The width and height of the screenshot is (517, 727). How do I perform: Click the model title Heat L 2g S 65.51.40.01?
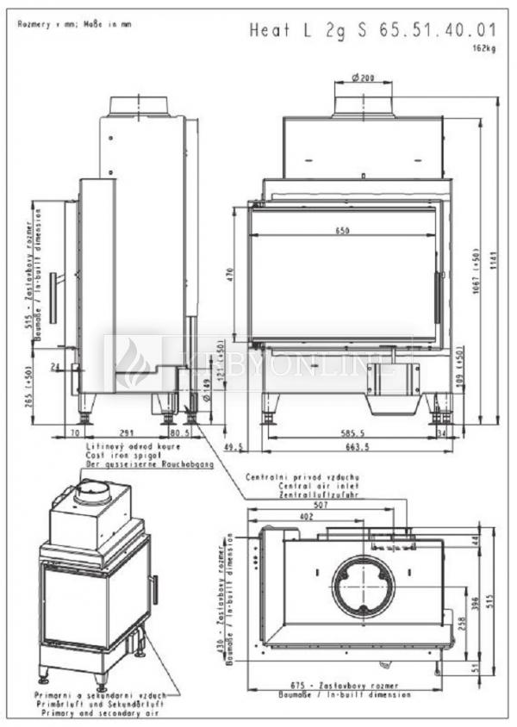pyautogui.click(x=373, y=31)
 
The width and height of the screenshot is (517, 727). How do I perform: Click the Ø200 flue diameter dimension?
pyautogui.click(x=364, y=78)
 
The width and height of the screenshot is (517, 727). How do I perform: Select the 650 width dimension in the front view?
pyautogui.click(x=342, y=231)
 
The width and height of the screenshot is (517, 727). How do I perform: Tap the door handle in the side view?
pyautogui.click(x=54, y=298)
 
